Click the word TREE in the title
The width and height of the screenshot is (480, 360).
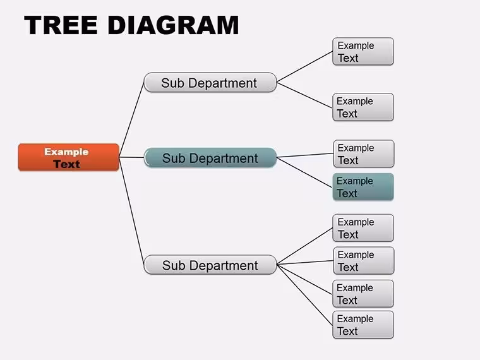[x=61, y=25]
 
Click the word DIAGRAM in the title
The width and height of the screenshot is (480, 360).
[x=173, y=25]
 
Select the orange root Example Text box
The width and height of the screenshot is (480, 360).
[x=69, y=157]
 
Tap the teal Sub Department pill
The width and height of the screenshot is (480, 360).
[x=210, y=158]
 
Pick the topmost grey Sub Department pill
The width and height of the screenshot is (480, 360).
[x=210, y=82]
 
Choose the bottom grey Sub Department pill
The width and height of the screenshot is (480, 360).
[x=210, y=265]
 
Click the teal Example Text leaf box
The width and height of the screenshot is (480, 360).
[x=363, y=187]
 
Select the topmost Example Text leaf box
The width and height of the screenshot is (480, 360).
[x=363, y=51]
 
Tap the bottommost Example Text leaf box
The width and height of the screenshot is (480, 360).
[x=363, y=325]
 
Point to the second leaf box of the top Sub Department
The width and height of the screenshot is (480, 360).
[x=363, y=107]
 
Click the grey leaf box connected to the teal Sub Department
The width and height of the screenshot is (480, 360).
[x=363, y=153]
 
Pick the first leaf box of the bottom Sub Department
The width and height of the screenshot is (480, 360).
[x=363, y=228]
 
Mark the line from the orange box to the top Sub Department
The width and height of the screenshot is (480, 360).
[x=131, y=120]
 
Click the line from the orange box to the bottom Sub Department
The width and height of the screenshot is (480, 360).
[x=131, y=211]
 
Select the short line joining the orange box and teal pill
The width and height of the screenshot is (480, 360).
[x=131, y=157]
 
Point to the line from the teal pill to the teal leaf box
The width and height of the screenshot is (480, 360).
[x=304, y=172]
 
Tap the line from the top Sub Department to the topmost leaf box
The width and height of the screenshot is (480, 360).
[x=304, y=67]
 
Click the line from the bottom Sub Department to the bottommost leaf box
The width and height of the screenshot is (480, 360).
[x=304, y=295]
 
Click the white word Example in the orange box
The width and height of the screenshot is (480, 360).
[x=66, y=152]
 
